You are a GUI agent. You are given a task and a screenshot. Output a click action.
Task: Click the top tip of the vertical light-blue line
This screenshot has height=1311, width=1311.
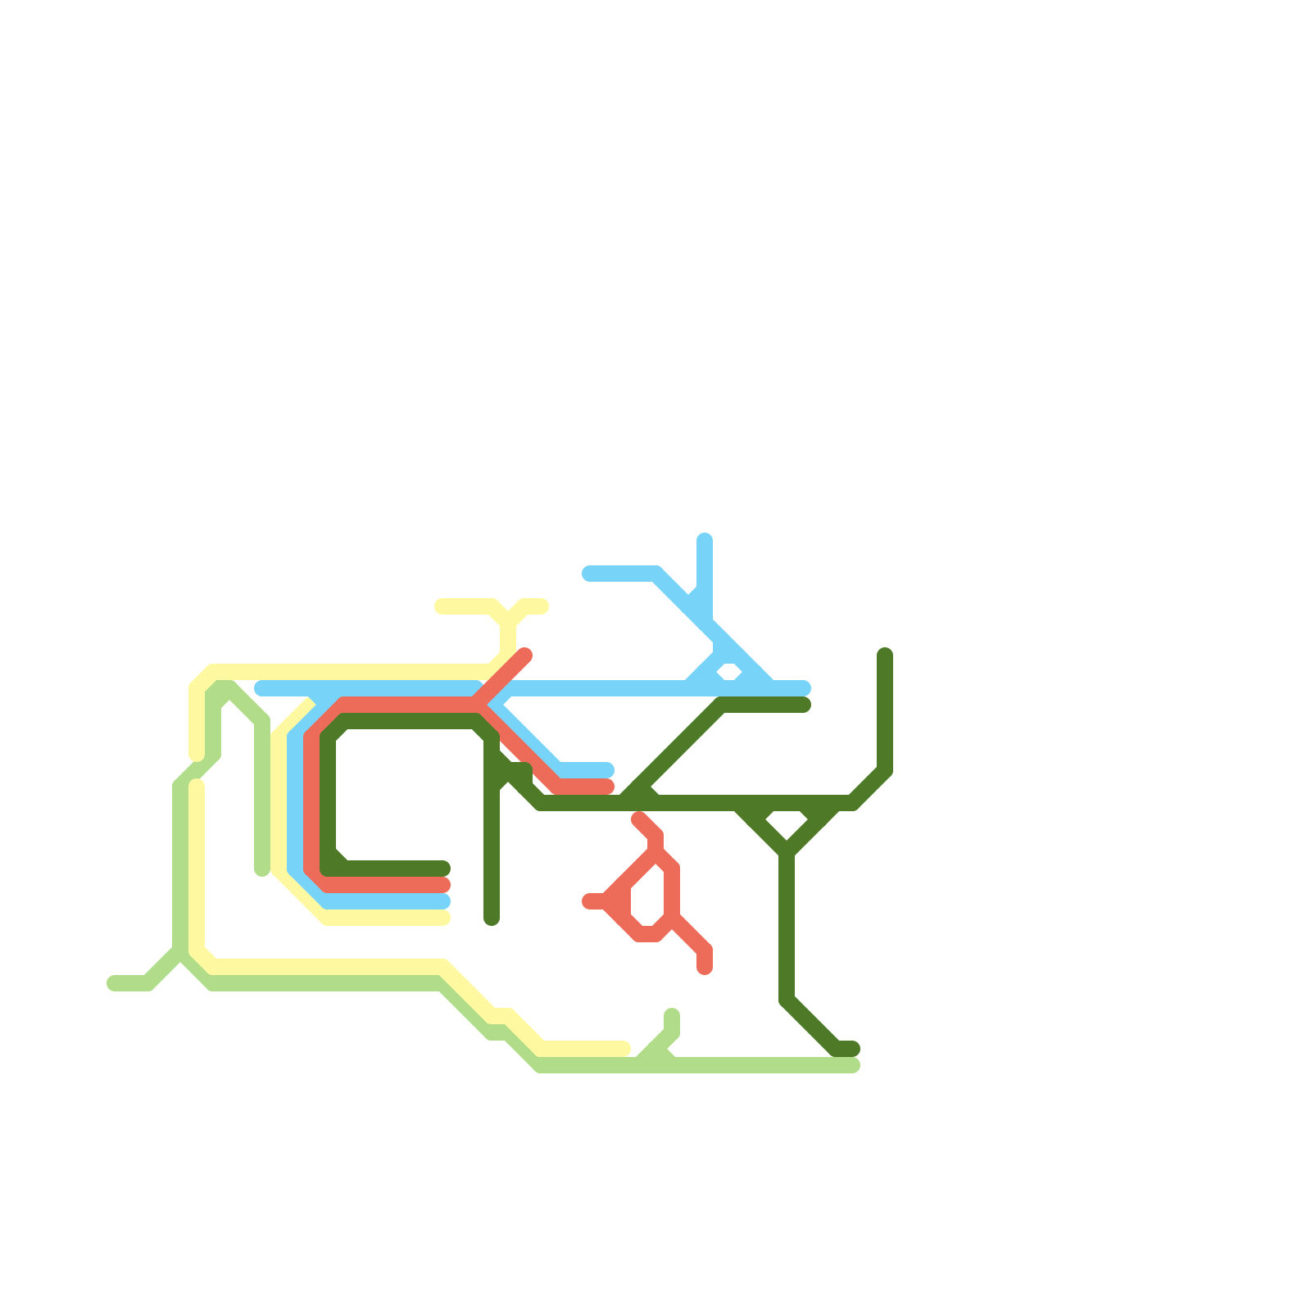click(705, 539)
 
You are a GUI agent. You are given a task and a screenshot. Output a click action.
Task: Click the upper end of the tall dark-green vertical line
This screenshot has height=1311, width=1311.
click(885, 655)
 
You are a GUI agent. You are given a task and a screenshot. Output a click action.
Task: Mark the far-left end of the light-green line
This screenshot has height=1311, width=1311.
click(113, 983)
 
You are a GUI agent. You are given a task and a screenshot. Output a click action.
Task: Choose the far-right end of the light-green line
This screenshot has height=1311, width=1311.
click(854, 1065)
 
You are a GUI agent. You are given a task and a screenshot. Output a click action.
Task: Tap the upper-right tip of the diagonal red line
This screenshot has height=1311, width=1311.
click(525, 655)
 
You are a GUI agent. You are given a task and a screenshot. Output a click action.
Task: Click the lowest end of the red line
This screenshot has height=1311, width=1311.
click(705, 969)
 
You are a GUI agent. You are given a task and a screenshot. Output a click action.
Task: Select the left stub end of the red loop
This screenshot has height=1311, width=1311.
click(588, 901)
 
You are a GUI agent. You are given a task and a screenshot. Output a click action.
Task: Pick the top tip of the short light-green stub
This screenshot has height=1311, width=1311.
click(672, 1015)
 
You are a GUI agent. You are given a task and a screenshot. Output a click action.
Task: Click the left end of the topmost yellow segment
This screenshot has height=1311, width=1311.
click(441, 606)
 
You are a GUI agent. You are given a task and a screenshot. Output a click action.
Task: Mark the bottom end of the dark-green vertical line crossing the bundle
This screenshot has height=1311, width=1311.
click(492, 919)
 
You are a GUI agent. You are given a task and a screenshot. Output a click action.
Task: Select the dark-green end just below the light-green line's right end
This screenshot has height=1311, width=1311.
click(853, 1049)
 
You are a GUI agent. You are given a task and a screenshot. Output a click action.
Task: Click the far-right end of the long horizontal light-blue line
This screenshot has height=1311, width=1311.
click(805, 688)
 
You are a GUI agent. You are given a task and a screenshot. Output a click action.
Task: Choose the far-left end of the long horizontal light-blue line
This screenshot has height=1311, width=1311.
click(261, 688)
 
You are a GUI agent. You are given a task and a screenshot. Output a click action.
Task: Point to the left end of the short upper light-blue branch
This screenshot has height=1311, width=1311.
click(588, 574)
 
